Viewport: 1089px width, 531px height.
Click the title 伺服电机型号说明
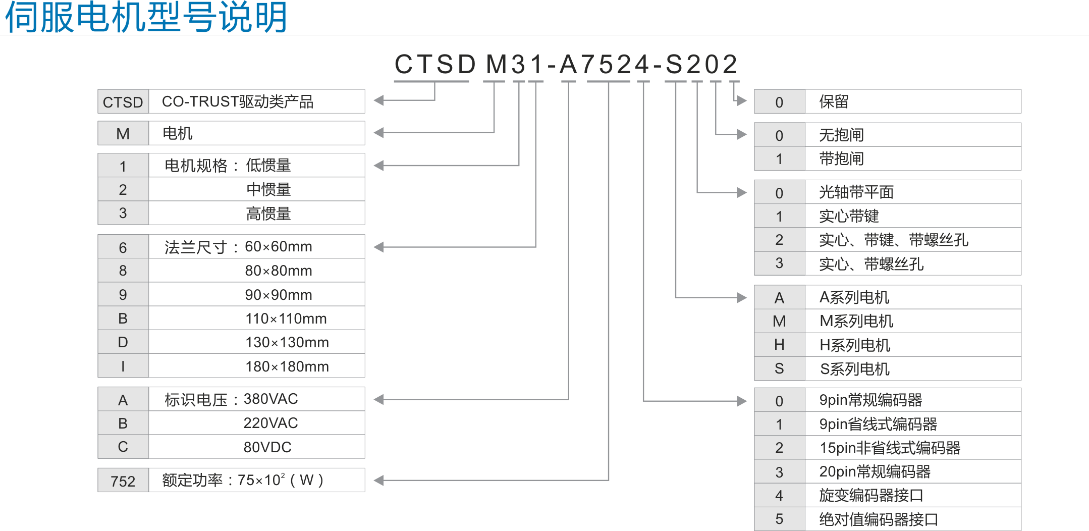tap(146, 17)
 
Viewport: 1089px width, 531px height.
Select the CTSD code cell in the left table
tap(123, 102)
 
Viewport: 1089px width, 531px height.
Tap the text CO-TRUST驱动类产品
tap(238, 101)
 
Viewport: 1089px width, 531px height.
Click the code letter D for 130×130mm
tap(123, 342)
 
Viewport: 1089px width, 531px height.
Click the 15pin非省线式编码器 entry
tap(890, 448)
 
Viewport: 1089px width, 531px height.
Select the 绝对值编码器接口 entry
tap(879, 519)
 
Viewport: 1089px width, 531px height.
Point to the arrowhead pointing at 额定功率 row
tap(378, 481)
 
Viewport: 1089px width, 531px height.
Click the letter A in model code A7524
tap(568, 65)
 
